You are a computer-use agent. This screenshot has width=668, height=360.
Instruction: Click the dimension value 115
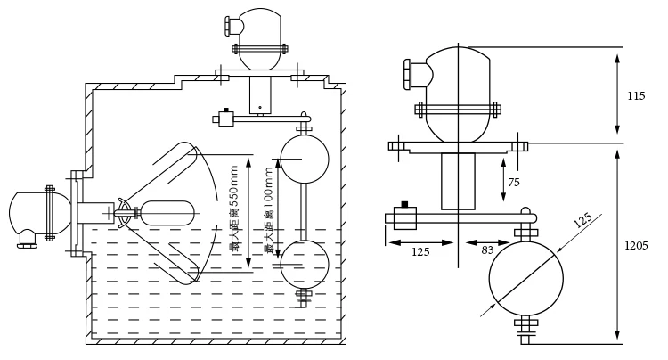pyautogui.click(x=636, y=96)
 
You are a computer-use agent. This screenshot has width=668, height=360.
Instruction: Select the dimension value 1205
pyautogui.click(x=635, y=245)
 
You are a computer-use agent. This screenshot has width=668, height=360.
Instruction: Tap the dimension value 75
pyautogui.click(x=514, y=183)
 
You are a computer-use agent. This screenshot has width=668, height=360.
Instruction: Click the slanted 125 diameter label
pyautogui.click(x=583, y=220)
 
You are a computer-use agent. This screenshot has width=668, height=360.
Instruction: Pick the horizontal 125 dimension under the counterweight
pyautogui.click(x=420, y=252)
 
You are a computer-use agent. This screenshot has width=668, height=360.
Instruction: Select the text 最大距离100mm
pyautogui.click(x=268, y=209)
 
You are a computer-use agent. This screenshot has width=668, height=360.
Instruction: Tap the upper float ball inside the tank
pyautogui.click(x=305, y=159)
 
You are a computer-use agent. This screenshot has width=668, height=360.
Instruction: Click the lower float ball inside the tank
pyautogui.click(x=305, y=264)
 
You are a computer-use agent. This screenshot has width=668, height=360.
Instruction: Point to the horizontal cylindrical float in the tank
pyautogui.click(x=167, y=213)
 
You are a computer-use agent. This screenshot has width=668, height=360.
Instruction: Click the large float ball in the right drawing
pyautogui.click(x=526, y=278)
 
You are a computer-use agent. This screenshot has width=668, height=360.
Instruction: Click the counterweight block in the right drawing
pyautogui.click(x=404, y=217)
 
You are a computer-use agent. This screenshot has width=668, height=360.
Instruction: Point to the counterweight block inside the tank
pyautogui.click(x=226, y=118)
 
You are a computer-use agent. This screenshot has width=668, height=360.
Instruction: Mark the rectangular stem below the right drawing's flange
pyautogui.click(x=458, y=181)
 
